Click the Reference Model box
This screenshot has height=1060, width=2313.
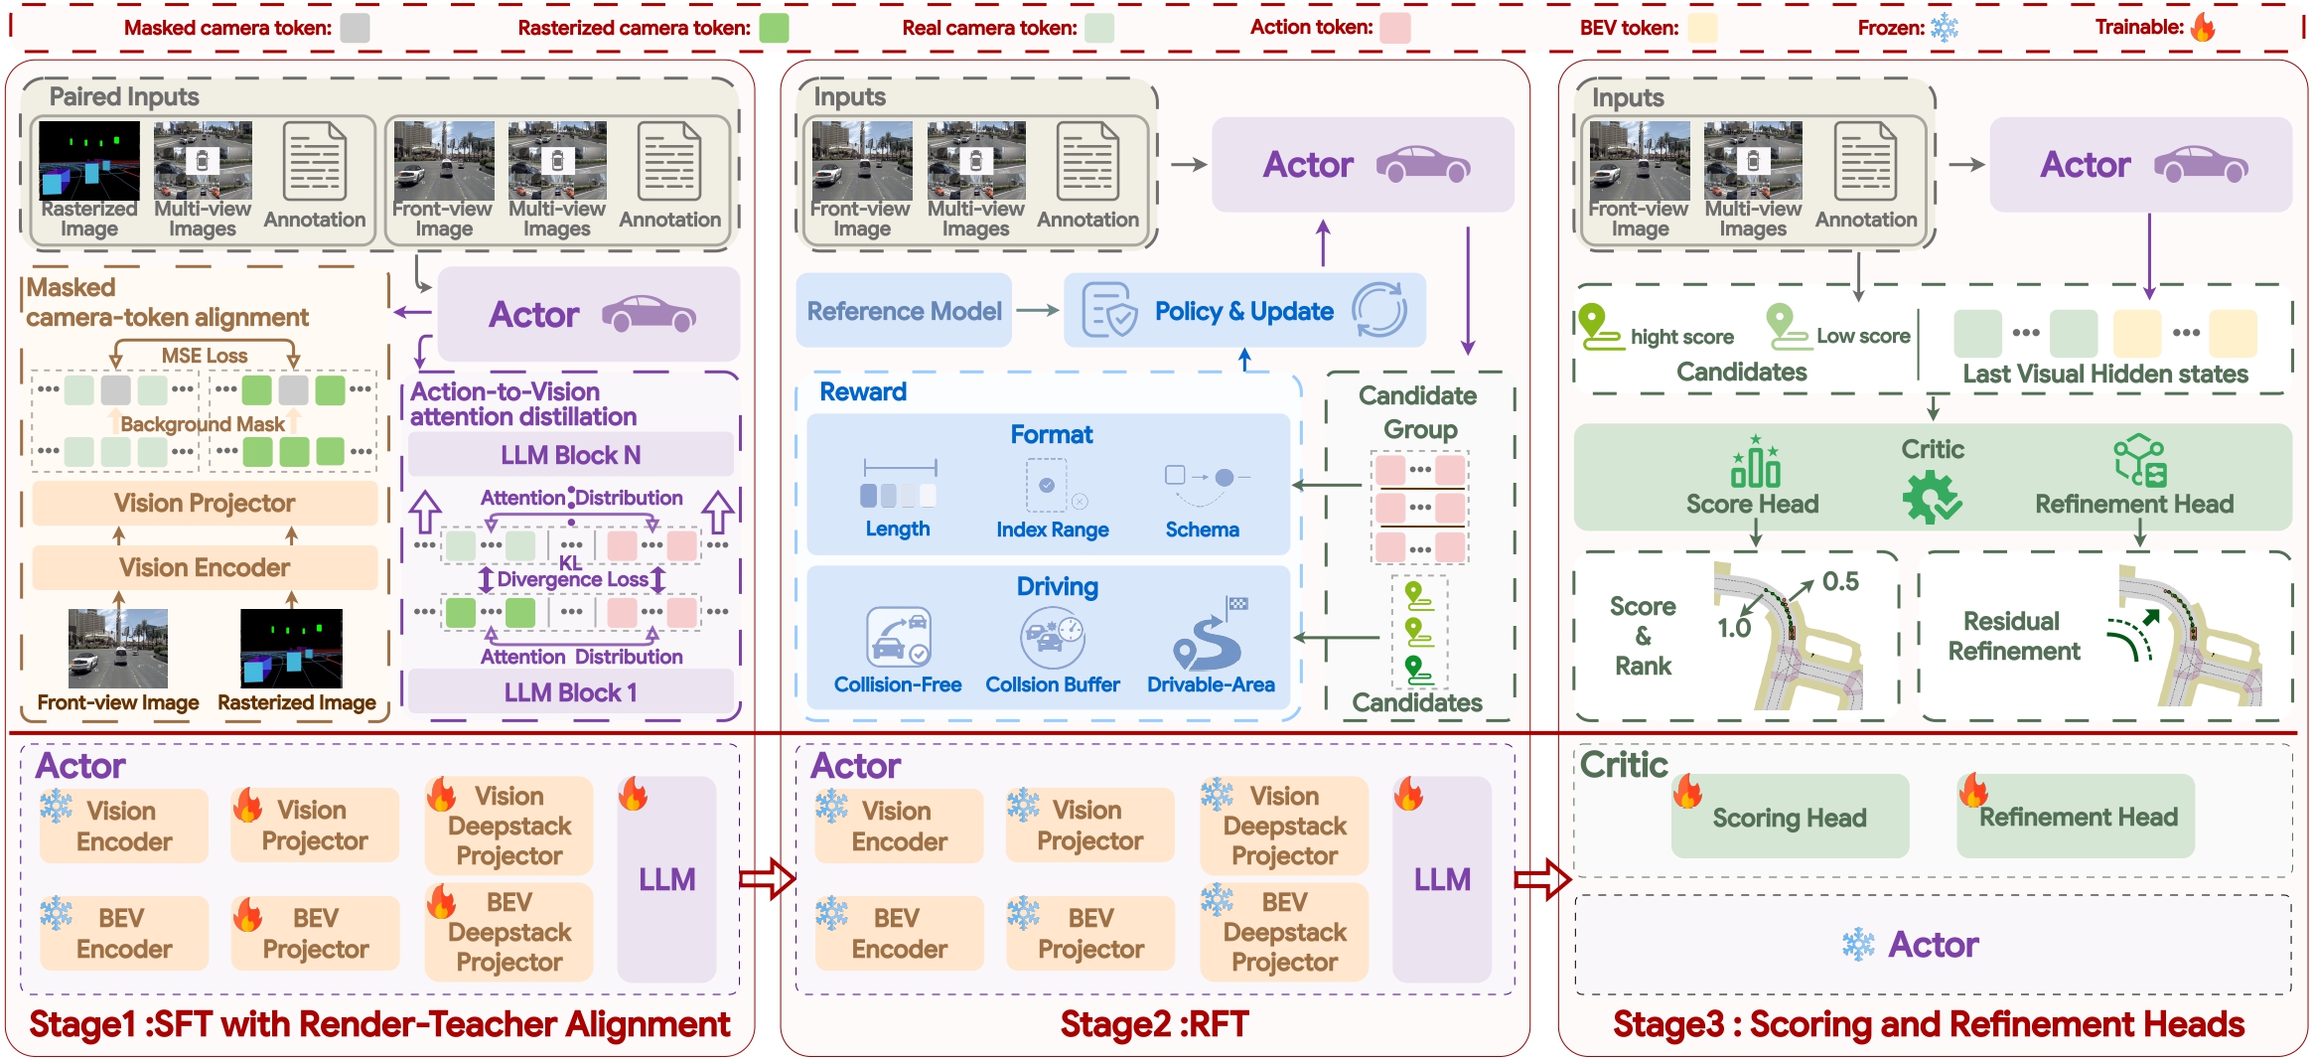(x=904, y=311)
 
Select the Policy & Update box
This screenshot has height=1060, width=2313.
(x=1244, y=311)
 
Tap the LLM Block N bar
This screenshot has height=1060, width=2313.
(x=571, y=455)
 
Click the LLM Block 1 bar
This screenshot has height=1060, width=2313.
(x=571, y=692)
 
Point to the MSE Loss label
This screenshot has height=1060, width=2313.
(x=205, y=356)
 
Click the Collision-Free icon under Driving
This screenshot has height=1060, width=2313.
(x=899, y=637)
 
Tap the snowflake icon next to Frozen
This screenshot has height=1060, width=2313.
(x=1944, y=27)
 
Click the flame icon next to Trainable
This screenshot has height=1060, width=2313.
(x=2203, y=27)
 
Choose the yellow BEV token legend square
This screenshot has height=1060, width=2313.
(x=1703, y=28)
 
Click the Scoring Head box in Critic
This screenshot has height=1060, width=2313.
(x=1790, y=817)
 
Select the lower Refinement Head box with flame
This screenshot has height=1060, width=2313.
(x=2076, y=817)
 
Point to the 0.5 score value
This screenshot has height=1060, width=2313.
(x=1840, y=581)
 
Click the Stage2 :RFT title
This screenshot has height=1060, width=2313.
(x=1154, y=1024)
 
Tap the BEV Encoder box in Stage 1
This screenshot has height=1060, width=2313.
(x=124, y=933)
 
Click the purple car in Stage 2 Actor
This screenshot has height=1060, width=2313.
(x=1423, y=164)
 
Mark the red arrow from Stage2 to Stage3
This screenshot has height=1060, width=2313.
(x=1542, y=879)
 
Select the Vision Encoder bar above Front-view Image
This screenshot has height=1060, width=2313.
(x=205, y=567)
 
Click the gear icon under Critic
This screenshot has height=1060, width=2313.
(x=1931, y=497)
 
